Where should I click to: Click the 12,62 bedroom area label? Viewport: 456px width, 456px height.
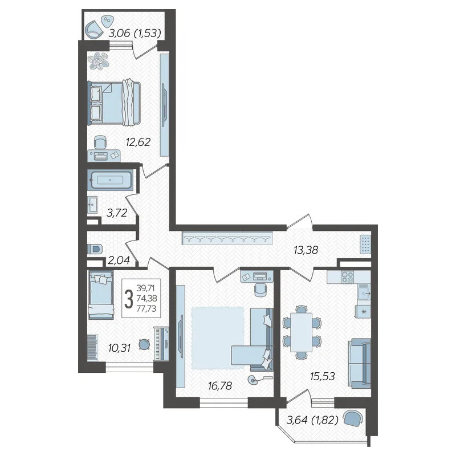(x=138, y=142)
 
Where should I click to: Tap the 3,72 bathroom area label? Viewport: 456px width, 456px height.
(x=117, y=213)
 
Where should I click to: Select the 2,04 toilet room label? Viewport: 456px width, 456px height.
(x=119, y=260)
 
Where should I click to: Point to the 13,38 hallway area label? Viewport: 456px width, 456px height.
(x=306, y=250)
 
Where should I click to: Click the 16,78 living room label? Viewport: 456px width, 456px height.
(x=220, y=386)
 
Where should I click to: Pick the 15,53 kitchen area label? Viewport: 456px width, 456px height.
(x=323, y=376)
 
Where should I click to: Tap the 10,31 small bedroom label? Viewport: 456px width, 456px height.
(x=119, y=348)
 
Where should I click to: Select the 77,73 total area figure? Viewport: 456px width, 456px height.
(x=146, y=308)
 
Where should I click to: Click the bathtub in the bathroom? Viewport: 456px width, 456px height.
(x=111, y=180)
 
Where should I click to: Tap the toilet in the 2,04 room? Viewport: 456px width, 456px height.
(x=94, y=249)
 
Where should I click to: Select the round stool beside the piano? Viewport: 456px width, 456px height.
(x=144, y=345)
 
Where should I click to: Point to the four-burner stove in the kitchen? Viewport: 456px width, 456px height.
(x=347, y=276)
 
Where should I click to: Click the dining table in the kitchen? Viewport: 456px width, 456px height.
(x=302, y=332)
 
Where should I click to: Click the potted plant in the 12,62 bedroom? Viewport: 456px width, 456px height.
(x=99, y=61)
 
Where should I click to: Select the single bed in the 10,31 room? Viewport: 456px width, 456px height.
(x=101, y=295)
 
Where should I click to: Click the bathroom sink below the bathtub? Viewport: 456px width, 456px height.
(x=93, y=205)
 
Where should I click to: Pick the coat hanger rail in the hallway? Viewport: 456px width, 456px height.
(x=228, y=238)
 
